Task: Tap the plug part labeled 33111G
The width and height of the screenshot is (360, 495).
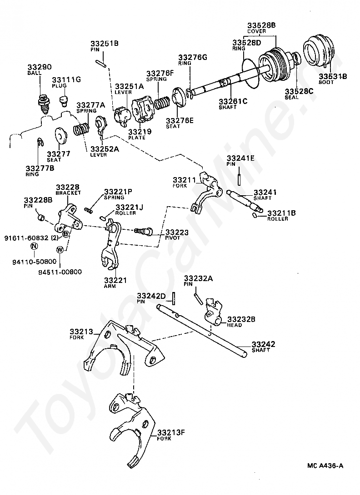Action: [65, 99]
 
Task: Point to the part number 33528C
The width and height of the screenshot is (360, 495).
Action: [299, 91]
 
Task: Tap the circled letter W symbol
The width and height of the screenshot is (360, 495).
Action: [60, 249]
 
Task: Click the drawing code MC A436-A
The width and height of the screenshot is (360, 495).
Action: [325, 465]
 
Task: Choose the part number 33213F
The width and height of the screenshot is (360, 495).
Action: [171, 432]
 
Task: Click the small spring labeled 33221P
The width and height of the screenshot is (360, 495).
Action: [90, 208]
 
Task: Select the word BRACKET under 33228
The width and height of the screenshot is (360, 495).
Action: [68, 193]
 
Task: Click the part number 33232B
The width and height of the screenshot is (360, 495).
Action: [241, 319]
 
